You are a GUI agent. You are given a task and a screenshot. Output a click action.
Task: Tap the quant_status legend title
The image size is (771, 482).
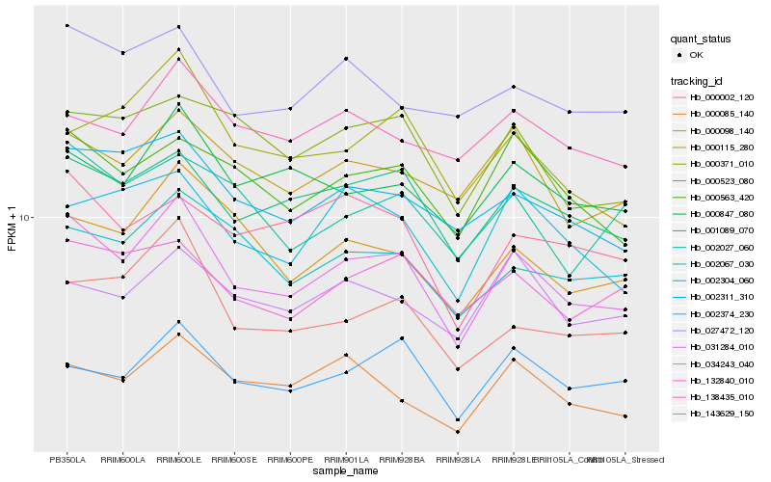tap(701, 39)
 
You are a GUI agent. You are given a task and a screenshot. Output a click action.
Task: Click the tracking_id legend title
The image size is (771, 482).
tap(697, 80)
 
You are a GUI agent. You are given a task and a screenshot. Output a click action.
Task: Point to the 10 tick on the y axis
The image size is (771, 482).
tap(25, 218)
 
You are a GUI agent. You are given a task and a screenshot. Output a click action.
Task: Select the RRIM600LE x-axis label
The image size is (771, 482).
tap(179, 460)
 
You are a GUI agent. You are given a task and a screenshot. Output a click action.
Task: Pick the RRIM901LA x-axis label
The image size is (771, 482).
tap(347, 460)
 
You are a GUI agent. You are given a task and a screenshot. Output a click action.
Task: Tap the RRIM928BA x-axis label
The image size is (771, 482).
tap(402, 460)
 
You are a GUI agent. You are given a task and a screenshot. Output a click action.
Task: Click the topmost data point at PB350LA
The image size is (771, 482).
tap(67, 25)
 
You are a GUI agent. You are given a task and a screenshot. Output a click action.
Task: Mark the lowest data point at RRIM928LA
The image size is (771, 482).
tap(458, 432)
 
